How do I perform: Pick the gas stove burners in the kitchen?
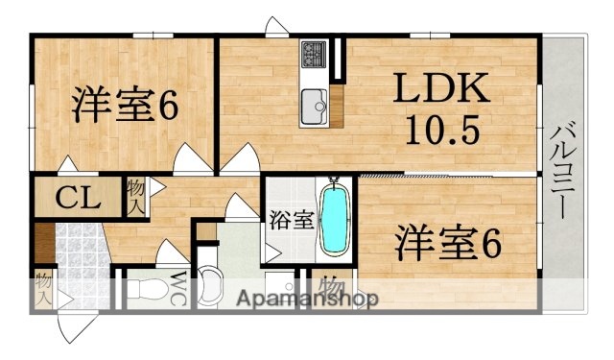[314, 55]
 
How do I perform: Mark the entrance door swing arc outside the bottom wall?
[77, 326]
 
